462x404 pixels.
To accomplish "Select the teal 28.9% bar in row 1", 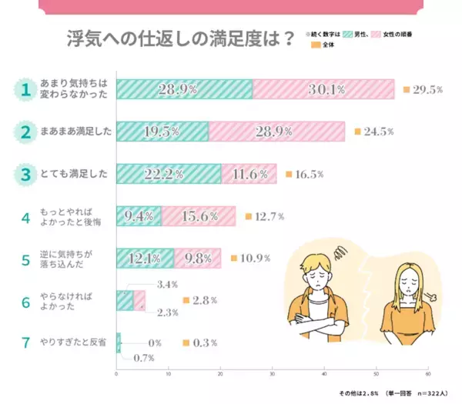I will (x=183, y=89).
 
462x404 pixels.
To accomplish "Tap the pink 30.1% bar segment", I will (x=323, y=89).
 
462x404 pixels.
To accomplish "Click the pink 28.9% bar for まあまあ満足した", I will (x=276, y=132).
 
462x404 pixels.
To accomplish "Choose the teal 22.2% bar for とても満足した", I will (x=169, y=174).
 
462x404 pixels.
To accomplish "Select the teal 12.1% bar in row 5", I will (x=146, y=259).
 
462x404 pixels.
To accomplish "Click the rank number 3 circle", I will (x=25, y=174).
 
